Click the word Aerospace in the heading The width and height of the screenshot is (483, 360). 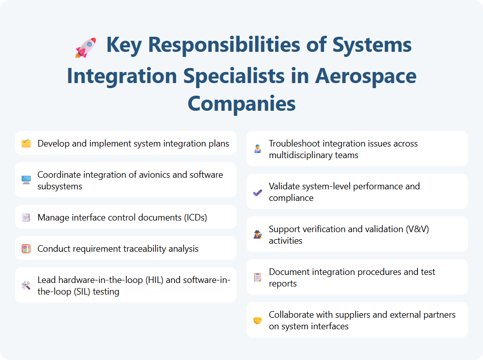366,76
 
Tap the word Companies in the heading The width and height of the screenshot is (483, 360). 242,104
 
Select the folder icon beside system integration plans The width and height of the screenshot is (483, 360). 26,144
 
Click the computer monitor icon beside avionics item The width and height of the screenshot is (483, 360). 26,180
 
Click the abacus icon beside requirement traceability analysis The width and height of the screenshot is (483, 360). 26,249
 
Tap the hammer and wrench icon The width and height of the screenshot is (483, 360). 26,285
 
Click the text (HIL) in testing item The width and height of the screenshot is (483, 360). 156,280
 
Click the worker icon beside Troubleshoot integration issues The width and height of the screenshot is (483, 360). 258,149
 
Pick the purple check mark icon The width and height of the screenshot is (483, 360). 258,192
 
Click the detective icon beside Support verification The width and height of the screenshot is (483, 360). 258,235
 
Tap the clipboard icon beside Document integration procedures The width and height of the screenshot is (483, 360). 258,277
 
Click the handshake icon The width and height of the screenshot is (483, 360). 258,320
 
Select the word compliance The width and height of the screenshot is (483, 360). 291,198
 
